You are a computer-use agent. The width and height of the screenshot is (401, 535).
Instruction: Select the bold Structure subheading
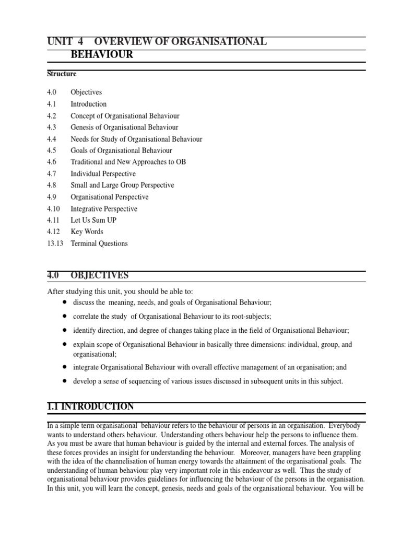click(x=62, y=74)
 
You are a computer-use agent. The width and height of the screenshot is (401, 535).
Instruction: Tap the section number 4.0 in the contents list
click(x=51, y=92)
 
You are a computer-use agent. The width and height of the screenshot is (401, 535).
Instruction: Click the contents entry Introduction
click(x=89, y=104)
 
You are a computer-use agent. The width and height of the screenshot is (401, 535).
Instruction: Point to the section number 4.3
click(x=51, y=127)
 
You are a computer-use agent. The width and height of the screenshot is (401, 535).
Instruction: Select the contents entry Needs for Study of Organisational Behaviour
click(x=136, y=139)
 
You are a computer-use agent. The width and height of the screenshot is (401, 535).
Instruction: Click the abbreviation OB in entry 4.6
click(x=181, y=162)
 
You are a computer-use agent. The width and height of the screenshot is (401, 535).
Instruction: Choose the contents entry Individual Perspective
click(x=103, y=173)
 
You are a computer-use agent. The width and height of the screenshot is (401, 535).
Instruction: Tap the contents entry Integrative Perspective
click(x=104, y=209)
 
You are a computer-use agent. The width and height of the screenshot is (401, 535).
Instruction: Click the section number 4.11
click(x=53, y=220)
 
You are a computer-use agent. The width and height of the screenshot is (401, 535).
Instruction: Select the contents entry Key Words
click(x=87, y=232)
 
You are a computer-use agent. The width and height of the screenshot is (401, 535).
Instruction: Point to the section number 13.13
click(x=54, y=243)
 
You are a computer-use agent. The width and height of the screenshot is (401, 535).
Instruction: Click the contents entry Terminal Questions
click(x=99, y=243)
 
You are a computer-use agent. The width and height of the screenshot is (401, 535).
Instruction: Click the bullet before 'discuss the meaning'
click(x=64, y=303)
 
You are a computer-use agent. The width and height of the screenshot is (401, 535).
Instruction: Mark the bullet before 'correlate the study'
click(x=64, y=317)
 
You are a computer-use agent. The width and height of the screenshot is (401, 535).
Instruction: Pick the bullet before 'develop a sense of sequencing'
click(x=64, y=381)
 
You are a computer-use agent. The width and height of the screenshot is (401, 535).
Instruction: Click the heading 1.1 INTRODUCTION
click(x=90, y=406)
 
